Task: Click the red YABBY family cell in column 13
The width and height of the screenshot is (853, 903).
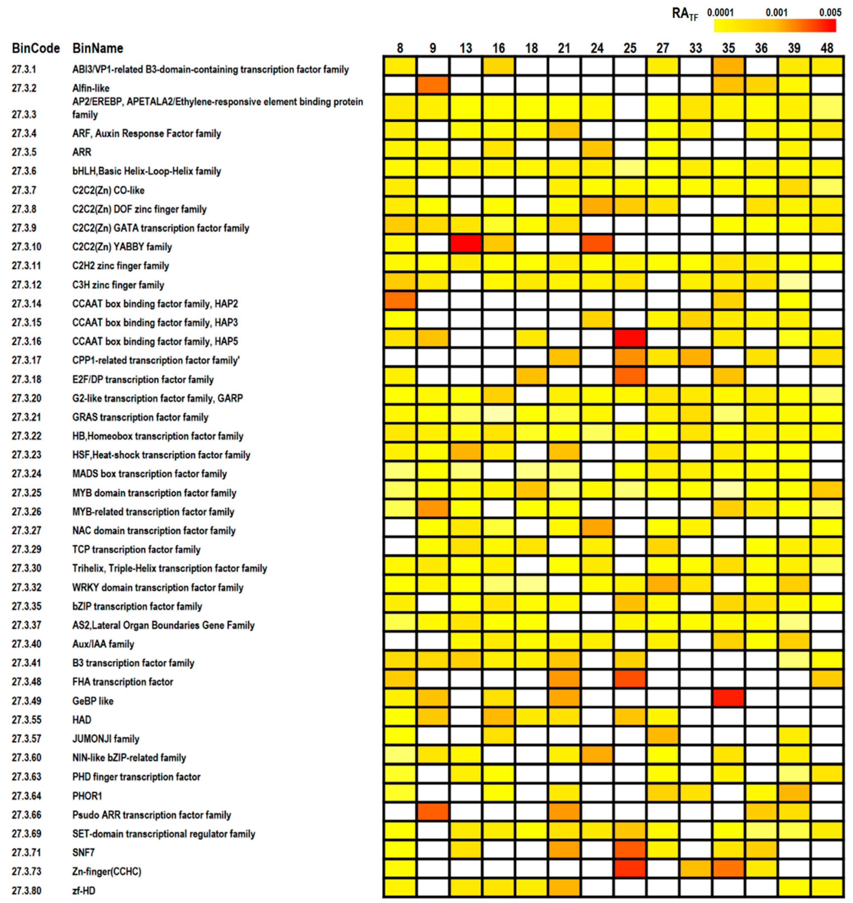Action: pos(466,244)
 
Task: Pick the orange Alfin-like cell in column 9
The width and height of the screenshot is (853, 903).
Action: pos(432,84)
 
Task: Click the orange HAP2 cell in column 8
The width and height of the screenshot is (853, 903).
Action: pos(400,301)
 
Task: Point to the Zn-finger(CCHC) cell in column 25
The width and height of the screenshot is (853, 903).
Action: pos(630,868)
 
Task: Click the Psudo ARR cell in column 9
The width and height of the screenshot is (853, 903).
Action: pos(432,811)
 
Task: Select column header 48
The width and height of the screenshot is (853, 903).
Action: pos(827,48)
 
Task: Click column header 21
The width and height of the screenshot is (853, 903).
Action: pos(564,48)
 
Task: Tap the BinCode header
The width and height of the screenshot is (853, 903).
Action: pos(35,48)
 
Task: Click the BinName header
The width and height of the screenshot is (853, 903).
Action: pos(98,48)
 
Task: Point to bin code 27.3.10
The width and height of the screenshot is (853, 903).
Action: pos(26,247)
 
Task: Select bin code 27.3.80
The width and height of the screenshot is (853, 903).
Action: pos(26,890)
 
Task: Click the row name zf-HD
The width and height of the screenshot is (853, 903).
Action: pos(84,890)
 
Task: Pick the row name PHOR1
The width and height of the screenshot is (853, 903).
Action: pos(87,796)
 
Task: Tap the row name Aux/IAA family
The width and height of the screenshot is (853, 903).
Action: pos(103,644)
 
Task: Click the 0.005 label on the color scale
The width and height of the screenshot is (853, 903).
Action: pos(830,12)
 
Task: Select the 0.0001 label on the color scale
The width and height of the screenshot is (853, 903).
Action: pos(720,12)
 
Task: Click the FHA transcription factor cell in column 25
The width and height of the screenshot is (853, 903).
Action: pos(630,679)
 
